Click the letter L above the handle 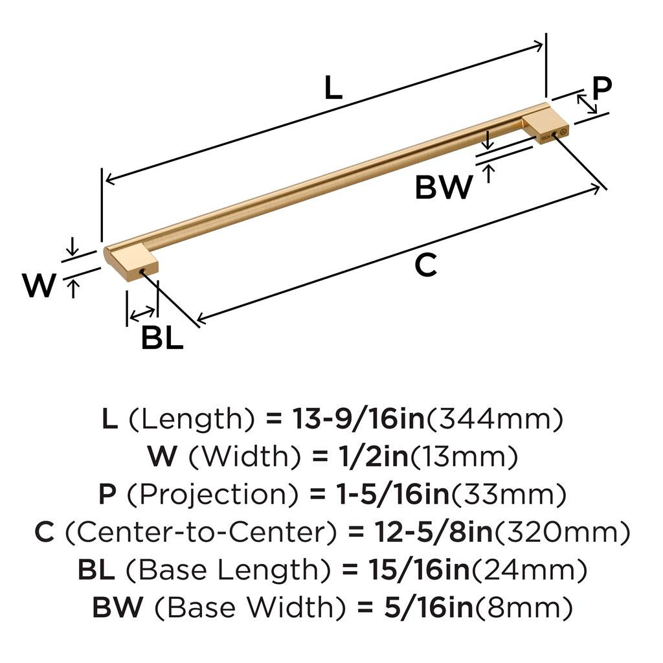coord(332,87)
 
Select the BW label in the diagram coord(444,188)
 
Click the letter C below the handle coord(425,265)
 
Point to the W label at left coord(38,286)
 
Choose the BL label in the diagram coord(162,337)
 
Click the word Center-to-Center coord(202,533)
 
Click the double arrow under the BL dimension coord(142,315)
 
